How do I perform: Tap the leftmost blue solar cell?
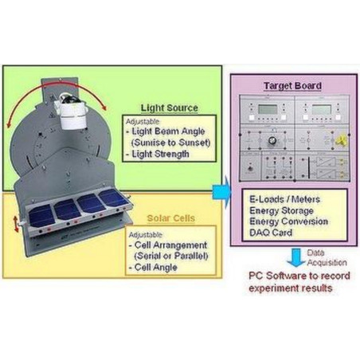point(43,210)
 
